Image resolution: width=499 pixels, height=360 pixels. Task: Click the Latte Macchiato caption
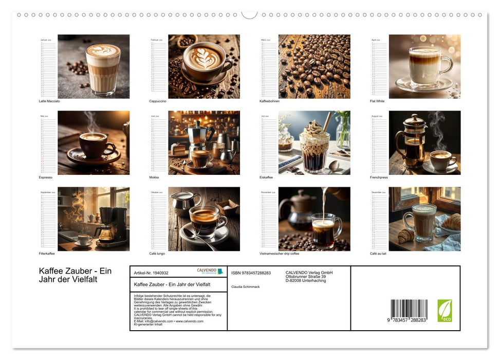49,101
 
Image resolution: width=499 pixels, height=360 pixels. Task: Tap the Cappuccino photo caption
158,101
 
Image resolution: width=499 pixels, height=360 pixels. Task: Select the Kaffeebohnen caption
269,101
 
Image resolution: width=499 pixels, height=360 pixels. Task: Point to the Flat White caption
377,101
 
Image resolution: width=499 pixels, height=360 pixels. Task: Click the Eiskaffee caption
267,177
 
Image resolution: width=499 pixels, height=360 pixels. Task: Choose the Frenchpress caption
379,177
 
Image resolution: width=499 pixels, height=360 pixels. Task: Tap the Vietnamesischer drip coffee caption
280,254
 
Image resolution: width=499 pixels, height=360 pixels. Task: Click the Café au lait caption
378,254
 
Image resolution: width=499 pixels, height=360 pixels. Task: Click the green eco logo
445,311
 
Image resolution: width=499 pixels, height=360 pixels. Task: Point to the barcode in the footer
409,311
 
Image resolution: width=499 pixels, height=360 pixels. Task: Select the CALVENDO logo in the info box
210,271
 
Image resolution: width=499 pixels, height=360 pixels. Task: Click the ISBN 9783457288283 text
251,273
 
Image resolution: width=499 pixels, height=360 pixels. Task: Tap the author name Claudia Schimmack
246,286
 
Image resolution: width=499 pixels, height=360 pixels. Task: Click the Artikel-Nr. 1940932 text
151,273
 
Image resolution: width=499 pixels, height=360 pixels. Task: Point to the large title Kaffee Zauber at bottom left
75,275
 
